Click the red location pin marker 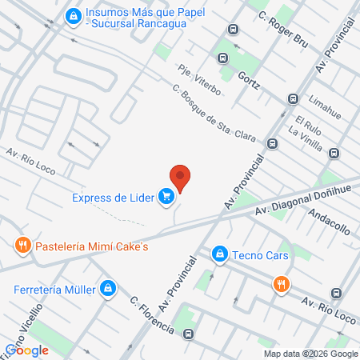181,178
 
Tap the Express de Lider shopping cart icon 166,197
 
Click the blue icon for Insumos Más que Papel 74,15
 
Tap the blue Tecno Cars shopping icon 218,255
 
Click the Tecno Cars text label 261,256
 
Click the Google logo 26,350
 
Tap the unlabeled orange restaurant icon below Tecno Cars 281,284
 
